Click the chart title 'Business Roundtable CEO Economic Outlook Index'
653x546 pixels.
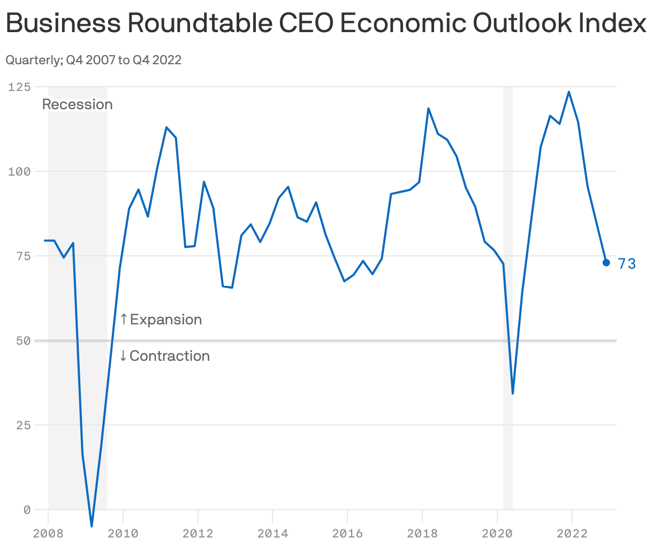tap(325, 23)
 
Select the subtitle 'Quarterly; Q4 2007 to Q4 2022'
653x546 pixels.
tap(93, 60)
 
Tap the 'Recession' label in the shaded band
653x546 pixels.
tap(78, 104)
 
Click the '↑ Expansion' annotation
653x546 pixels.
tap(161, 320)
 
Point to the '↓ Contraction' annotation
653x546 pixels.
tap(164, 356)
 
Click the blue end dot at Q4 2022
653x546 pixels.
tap(606, 262)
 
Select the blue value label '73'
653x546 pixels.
tap(627, 264)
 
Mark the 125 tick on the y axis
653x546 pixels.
tap(19, 87)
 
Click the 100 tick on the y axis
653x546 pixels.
tap(19, 171)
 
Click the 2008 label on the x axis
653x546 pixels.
tap(48, 534)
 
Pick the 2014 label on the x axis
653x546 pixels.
tap(272, 534)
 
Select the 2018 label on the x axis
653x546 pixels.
tap(422, 534)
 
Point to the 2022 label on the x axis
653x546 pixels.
tap(572, 534)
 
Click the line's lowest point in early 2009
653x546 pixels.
tap(92, 526)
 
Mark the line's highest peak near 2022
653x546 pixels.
tap(568, 92)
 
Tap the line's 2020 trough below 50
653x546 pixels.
tap(513, 393)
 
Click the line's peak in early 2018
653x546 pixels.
tap(428, 108)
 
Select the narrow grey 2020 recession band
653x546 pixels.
tap(508, 268)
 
